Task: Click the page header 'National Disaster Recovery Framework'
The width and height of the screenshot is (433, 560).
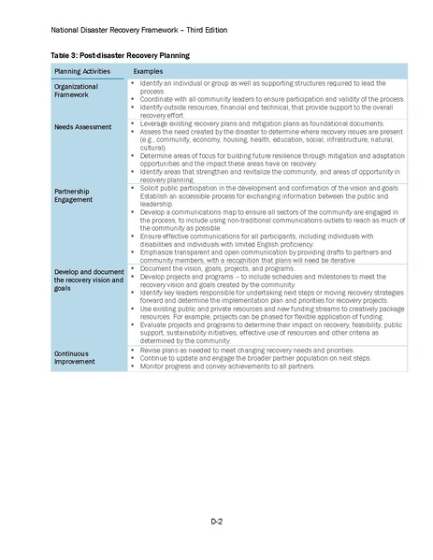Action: coord(127,30)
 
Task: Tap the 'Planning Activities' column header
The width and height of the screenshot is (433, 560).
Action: coord(82,71)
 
